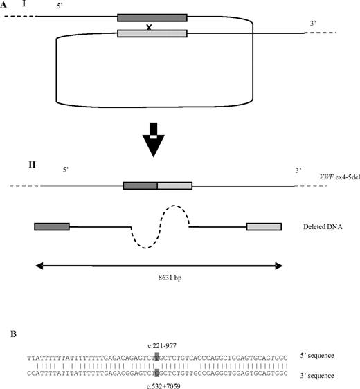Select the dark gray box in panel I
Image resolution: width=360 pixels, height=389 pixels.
[152, 17]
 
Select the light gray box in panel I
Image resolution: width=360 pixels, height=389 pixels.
[152, 33]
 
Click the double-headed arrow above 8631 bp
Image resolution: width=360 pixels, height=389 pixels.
[158, 265]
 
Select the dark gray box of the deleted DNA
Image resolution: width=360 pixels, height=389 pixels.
[52, 226]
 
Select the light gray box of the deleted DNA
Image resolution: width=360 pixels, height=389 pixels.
[264, 226]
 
